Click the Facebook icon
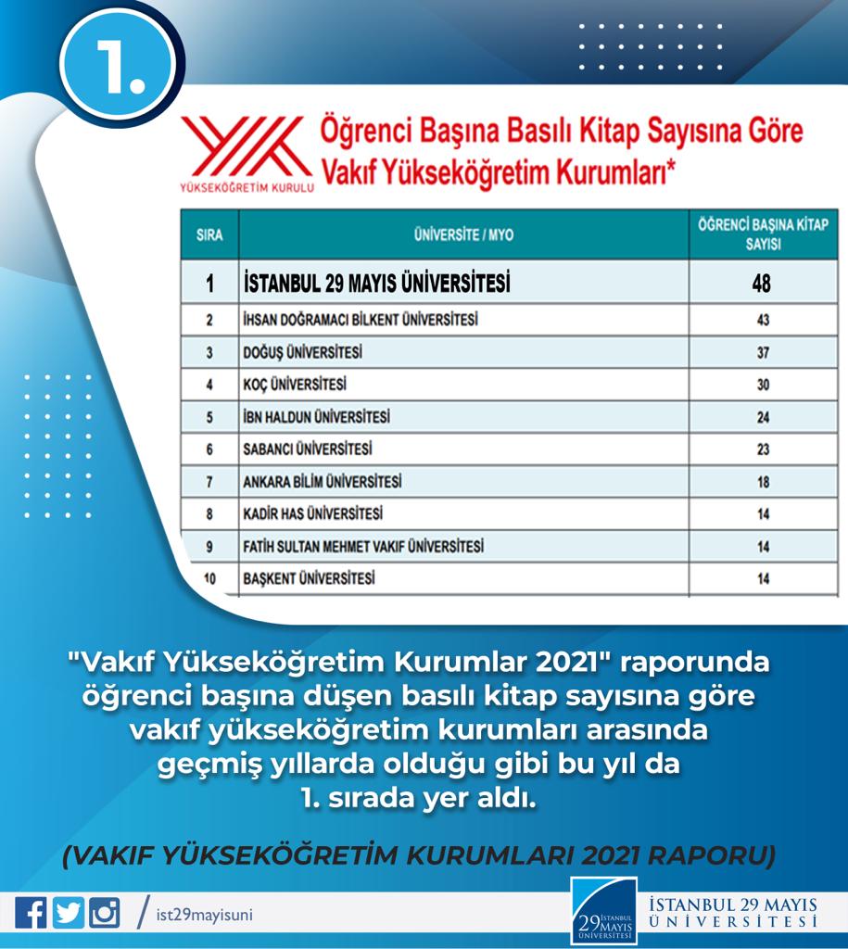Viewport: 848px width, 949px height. (31, 913)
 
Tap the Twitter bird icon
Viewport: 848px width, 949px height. (68, 913)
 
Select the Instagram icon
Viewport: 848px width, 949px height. (104, 913)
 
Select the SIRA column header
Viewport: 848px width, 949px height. (210, 235)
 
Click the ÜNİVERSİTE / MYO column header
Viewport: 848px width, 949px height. (463, 235)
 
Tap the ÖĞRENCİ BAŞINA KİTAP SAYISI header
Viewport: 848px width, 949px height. (763, 234)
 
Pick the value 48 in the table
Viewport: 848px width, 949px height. (762, 283)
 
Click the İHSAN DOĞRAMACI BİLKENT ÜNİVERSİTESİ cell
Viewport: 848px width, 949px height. (360, 320)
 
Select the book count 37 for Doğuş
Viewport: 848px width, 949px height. (763, 353)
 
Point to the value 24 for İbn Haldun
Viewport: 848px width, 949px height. (763, 417)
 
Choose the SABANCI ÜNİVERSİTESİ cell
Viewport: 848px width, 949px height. (306, 449)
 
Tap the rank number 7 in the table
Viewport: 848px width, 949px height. (209, 482)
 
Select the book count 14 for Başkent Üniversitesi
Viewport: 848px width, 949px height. (763, 578)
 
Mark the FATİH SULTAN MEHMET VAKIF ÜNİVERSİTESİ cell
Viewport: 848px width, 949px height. (361, 547)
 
